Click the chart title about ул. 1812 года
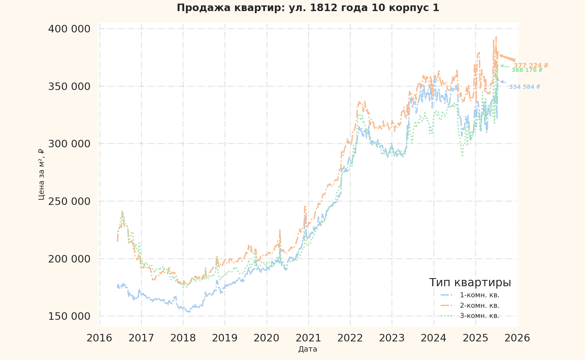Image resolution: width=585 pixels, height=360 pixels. tap(308, 8)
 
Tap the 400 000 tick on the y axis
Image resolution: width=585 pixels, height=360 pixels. tap(69, 29)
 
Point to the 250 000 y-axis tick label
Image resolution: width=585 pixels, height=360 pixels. tap(69, 201)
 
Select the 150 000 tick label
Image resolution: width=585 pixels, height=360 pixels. tap(69, 316)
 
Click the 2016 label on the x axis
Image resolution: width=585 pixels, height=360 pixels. tap(99, 338)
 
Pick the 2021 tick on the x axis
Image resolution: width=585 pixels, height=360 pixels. tap(308, 338)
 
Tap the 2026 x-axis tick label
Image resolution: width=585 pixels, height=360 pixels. tap(517, 338)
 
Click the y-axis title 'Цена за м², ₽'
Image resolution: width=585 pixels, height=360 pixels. tap(41, 174)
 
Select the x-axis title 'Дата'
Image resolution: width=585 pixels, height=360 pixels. tap(307, 349)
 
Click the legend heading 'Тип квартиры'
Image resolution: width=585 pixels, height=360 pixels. tap(470, 283)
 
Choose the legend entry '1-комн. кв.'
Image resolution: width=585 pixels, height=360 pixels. tap(479, 295)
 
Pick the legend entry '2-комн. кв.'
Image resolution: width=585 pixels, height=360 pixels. tap(479, 306)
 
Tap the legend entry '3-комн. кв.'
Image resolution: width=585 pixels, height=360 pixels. tap(479, 316)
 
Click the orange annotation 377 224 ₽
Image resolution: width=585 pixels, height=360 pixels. tap(531, 65)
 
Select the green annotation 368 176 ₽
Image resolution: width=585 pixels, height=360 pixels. tap(527, 70)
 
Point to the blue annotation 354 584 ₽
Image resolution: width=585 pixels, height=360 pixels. tap(524, 87)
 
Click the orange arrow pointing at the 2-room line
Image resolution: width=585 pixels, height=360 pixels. tap(508, 58)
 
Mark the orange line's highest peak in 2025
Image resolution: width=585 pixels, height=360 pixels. tap(496, 37)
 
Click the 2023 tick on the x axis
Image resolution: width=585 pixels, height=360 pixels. tap(392, 338)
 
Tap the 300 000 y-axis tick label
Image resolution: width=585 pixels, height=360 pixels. tap(69, 144)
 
